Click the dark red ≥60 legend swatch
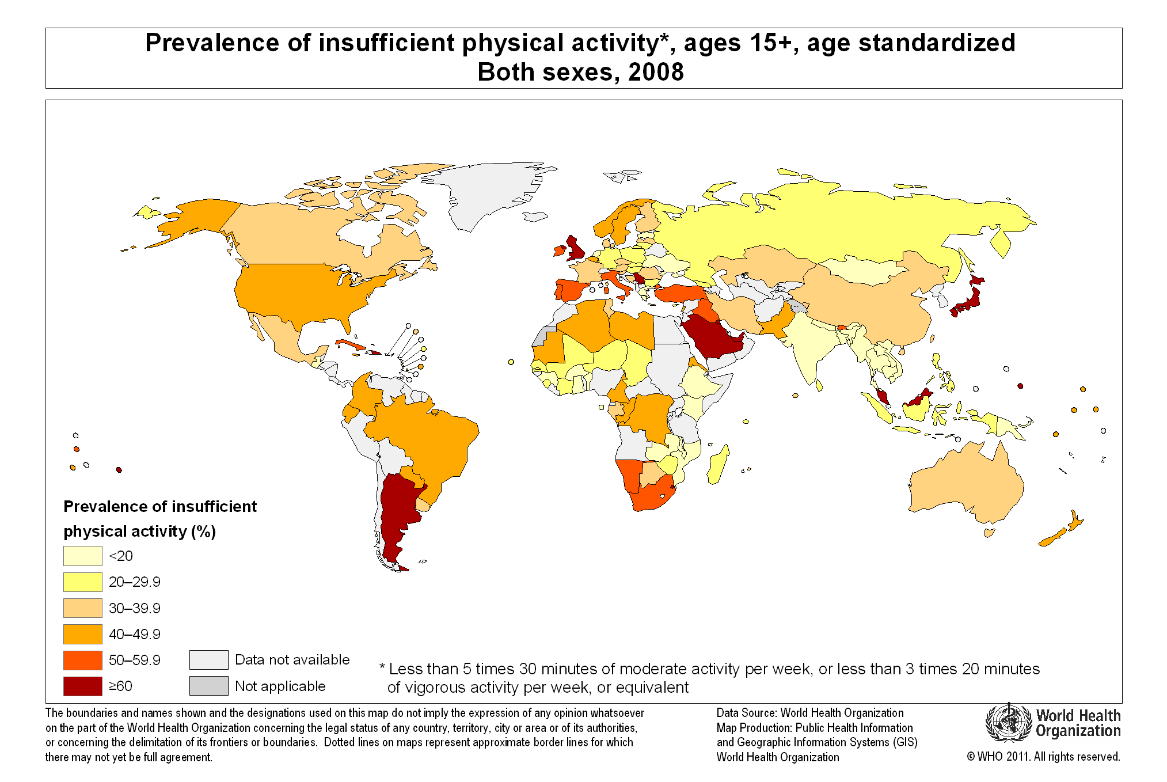(82, 686)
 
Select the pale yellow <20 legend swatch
(82, 556)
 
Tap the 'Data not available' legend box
(208, 660)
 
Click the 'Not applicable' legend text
(280, 686)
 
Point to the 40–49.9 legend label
(134, 634)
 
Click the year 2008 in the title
(656, 73)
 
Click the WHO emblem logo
(1008, 723)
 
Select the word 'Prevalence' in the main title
(212, 43)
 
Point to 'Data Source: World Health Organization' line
(809, 713)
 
